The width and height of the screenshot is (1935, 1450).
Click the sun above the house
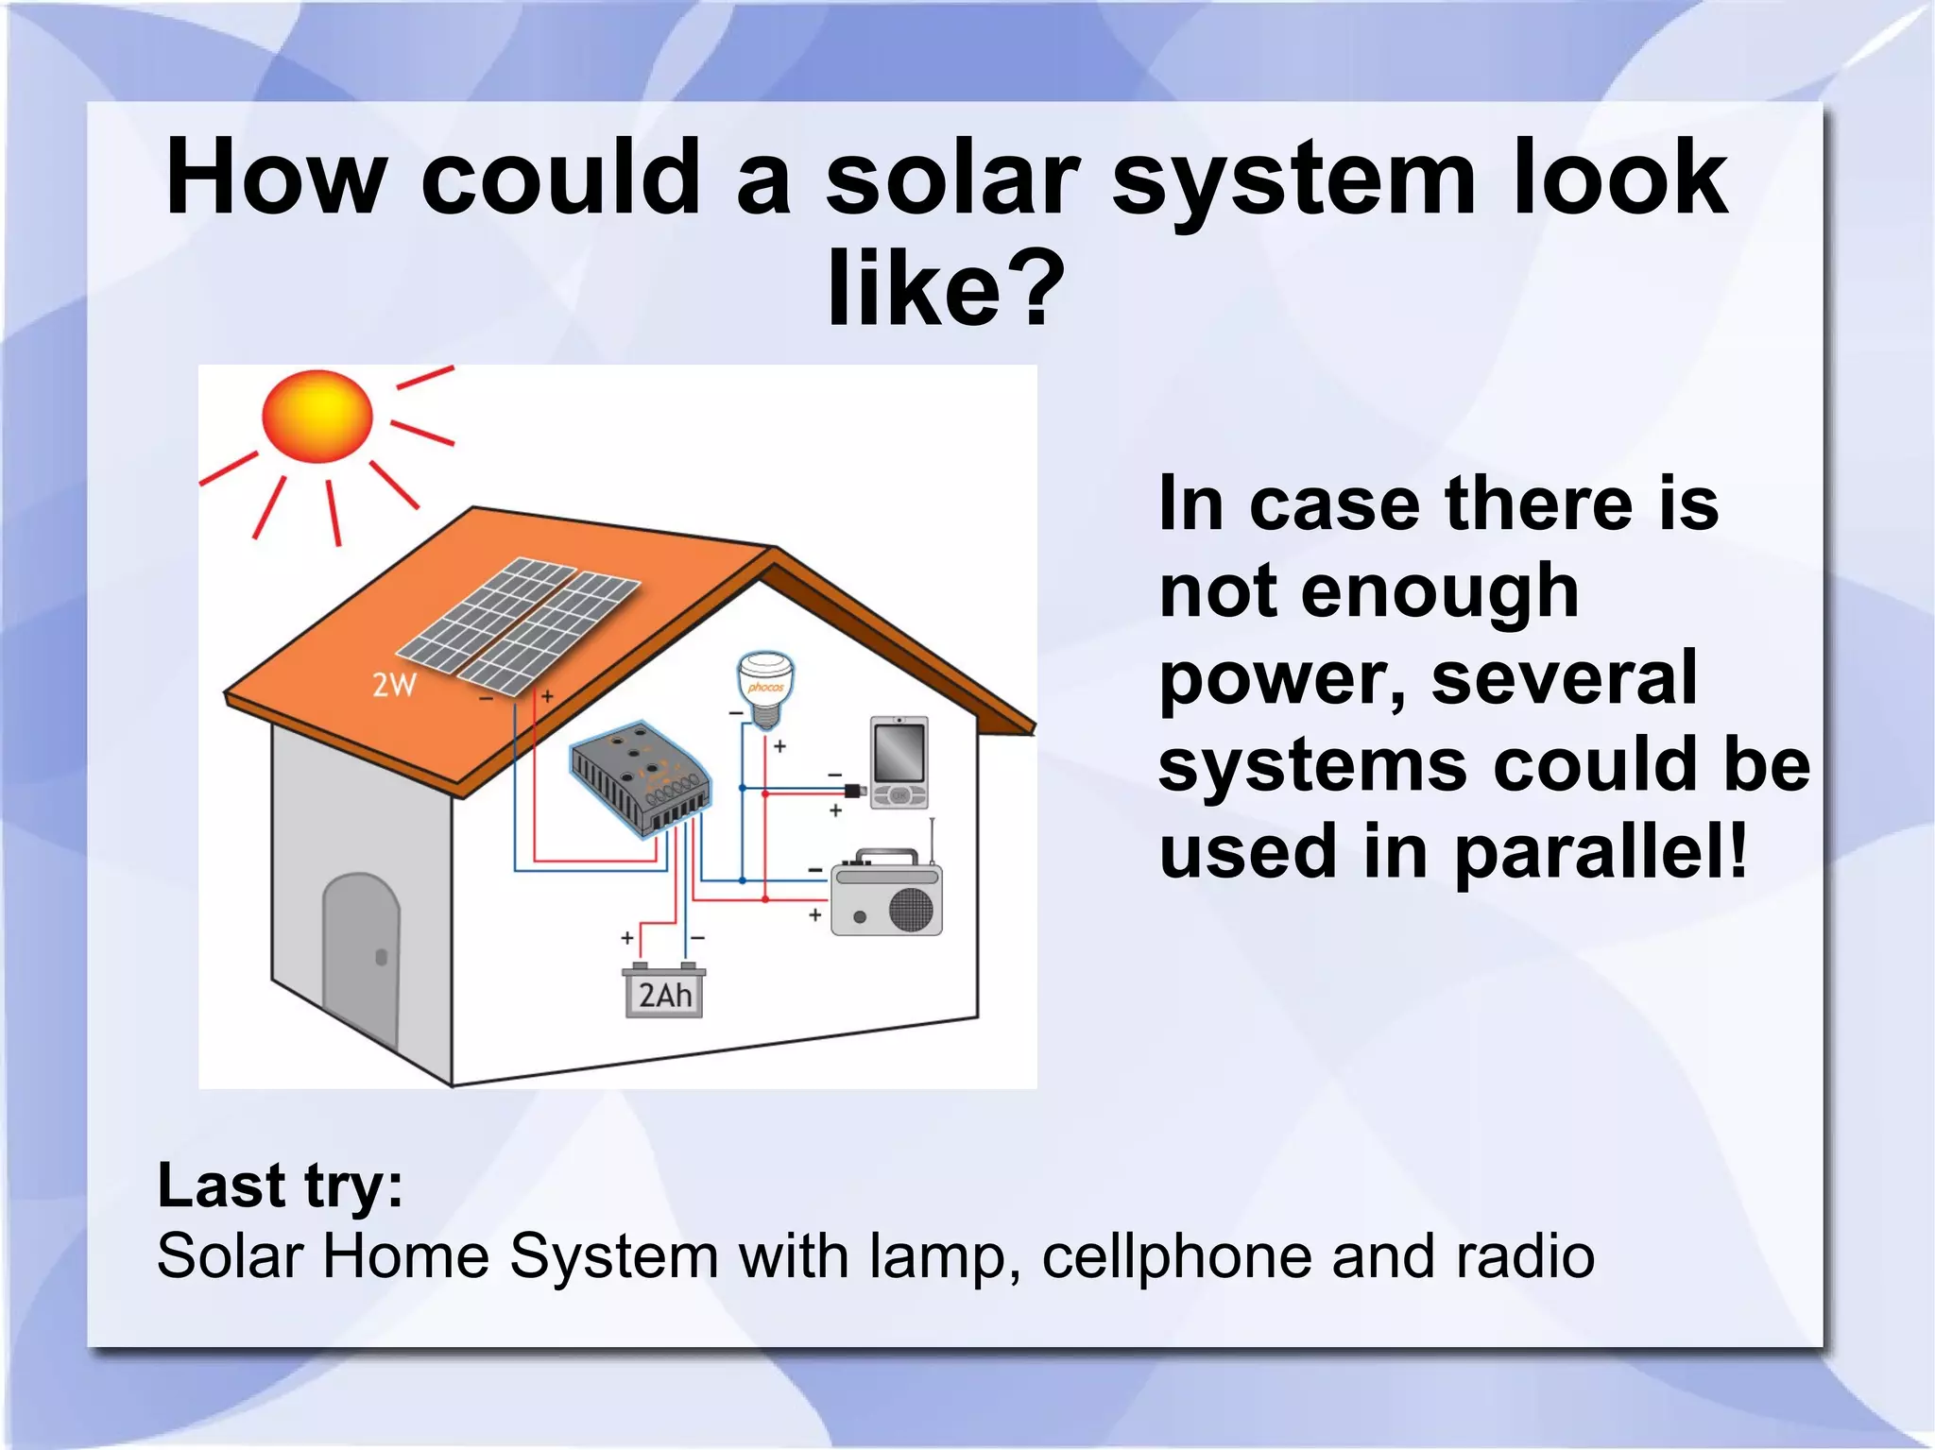point(317,417)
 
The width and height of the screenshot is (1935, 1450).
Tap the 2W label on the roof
point(394,685)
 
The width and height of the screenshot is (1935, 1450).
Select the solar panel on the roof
point(518,624)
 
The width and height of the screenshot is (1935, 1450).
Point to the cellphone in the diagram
point(899,762)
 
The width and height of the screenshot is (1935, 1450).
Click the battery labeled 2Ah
point(664,992)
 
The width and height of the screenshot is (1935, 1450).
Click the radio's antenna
point(933,841)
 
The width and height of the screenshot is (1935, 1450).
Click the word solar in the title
point(951,179)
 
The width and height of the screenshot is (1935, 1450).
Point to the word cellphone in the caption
point(1177,1256)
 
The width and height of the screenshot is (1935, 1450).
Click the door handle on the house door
point(382,957)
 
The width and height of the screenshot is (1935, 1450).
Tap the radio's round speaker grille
point(911,909)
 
